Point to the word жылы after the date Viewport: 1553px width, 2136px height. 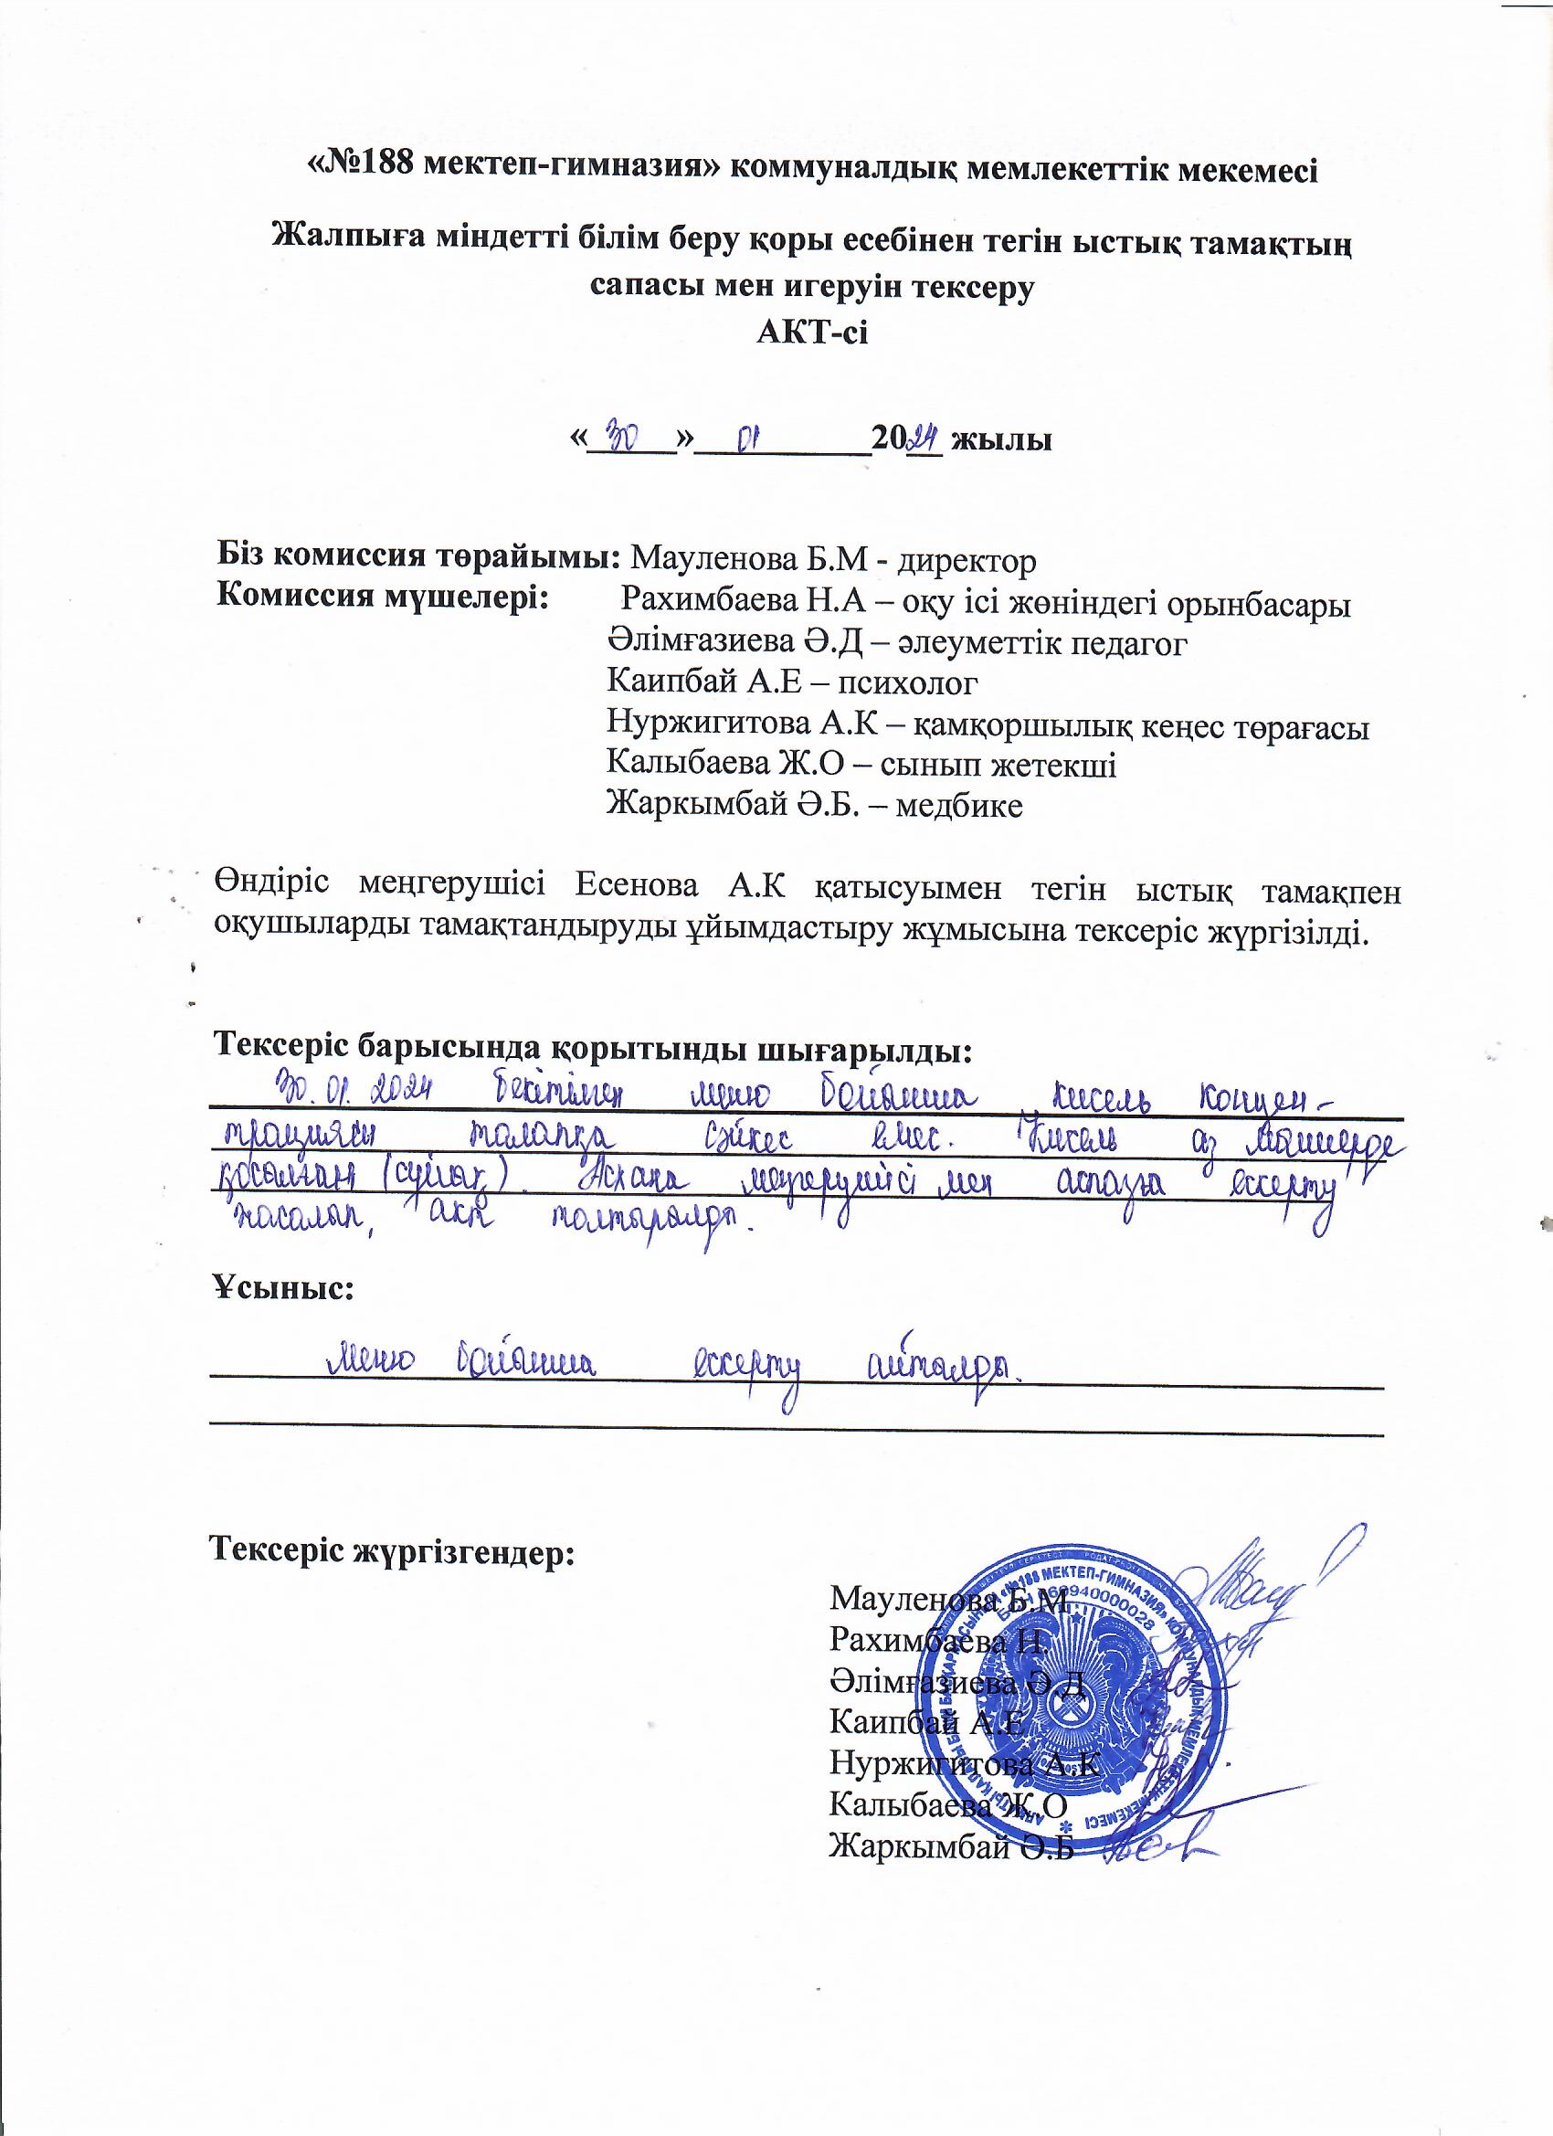click(1001, 439)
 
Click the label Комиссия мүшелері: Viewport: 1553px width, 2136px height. click(384, 597)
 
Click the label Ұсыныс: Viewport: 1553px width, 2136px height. click(283, 1287)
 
